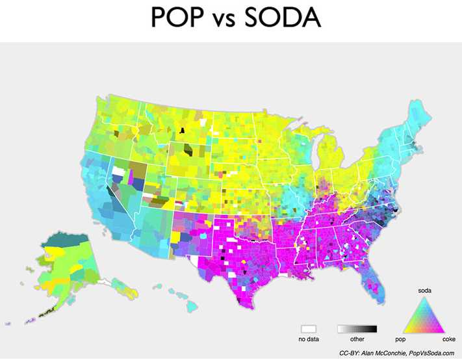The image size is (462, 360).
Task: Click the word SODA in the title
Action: (284, 18)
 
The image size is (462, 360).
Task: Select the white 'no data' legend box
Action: (308, 329)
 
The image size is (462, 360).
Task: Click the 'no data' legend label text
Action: (308, 339)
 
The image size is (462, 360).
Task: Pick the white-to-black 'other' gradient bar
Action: (357, 329)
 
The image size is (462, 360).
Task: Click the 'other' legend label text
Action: (357, 339)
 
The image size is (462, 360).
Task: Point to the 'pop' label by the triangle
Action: (402, 339)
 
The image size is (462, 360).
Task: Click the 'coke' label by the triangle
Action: (449, 339)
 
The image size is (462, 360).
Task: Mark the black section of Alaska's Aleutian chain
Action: (48, 313)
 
